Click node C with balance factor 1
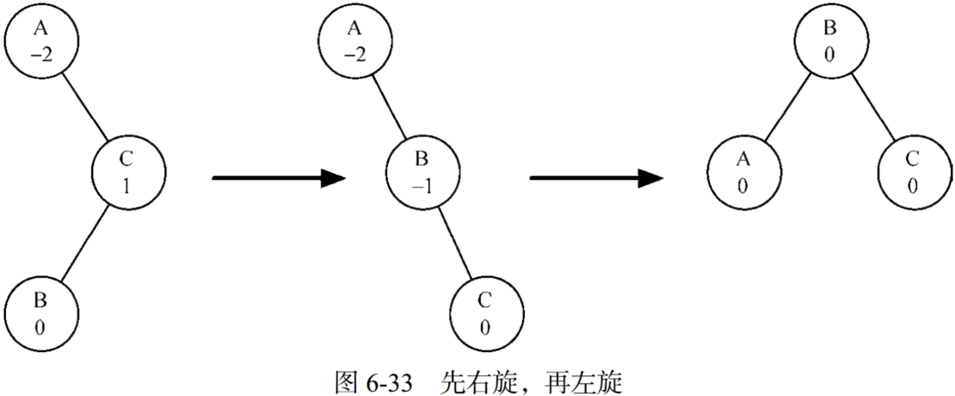pyautogui.click(x=126, y=171)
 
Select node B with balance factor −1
pyautogui.click(x=420, y=171)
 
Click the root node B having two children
pyautogui.click(x=829, y=42)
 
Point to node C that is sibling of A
pyautogui.click(x=912, y=171)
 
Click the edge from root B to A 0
pyautogui.click(x=786, y=107)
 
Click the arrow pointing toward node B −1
pyautogui.click(x=277, y=178)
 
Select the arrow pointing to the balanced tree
pyautogui.click(x=595, y=178)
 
